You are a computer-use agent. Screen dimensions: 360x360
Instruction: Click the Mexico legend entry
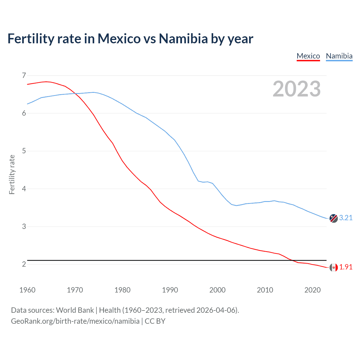308,56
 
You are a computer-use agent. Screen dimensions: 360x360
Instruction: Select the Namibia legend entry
339,56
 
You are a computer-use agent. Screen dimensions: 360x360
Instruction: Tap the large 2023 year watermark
296,89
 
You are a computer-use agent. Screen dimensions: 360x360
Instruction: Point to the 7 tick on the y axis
24,75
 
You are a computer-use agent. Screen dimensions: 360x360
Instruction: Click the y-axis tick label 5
24,151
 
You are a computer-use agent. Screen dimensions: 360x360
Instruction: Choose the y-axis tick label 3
24,226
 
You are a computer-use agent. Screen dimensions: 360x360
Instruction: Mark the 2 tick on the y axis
24,264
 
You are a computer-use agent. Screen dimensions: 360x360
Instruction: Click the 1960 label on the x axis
27,290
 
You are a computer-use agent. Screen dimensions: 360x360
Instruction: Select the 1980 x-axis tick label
122,290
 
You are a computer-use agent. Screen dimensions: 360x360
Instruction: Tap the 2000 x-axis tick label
217,290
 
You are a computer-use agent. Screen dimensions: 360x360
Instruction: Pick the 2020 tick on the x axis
312,290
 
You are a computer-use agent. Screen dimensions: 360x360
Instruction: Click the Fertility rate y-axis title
12,174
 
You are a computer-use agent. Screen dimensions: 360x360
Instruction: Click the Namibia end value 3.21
346,218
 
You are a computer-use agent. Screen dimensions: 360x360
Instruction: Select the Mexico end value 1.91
346,267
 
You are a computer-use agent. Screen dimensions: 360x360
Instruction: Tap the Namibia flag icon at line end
334,218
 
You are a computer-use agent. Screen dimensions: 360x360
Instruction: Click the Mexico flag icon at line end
334,267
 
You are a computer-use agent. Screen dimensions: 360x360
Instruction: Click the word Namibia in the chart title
183,39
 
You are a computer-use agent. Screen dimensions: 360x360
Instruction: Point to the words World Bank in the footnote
75,310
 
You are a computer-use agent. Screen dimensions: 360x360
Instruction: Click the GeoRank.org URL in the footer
75,321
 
